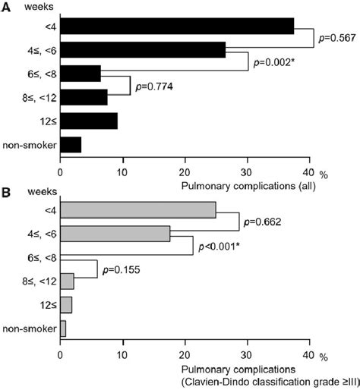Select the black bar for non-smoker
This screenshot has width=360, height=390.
coord(70,144)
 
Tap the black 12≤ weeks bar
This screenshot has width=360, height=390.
coord(88,121)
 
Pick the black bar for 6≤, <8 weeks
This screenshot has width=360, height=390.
coord(80,74)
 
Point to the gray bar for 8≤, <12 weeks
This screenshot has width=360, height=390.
coord(67,281)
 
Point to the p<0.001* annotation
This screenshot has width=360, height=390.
coord(223,247)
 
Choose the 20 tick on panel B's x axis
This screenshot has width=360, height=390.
coord(184,354)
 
